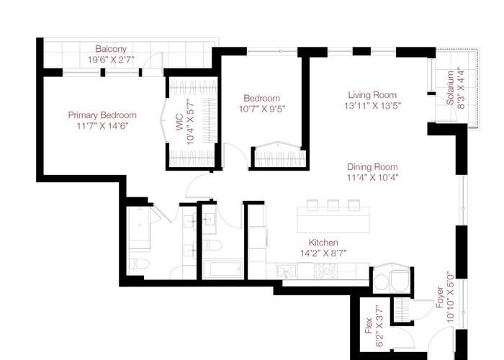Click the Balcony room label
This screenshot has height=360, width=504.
click(111, 49)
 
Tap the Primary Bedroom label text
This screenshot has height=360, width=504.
click(102, 115)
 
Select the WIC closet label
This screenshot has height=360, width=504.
click(179, 122)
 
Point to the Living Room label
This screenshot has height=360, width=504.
click(372, 95)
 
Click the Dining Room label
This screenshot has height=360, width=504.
click(372, 167)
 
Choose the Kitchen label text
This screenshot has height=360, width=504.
click(323, 243)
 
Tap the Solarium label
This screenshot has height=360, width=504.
click(450, 88)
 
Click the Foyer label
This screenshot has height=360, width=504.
click(439, 297)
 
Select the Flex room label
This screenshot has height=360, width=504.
click(369, 326)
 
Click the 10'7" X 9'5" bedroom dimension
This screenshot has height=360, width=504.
click(262, 109)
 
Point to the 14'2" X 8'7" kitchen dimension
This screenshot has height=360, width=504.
click(323, 253)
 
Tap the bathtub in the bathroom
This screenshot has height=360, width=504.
click(222, 269)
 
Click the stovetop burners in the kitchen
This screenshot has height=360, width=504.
click(326, 271)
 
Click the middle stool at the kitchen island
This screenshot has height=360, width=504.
click(333, 205)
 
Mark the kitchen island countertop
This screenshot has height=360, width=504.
click(333, 220)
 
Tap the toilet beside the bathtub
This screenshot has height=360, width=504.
click(212, 246)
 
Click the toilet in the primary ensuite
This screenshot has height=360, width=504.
click(139, 264)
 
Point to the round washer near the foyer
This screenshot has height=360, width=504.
click(381, 282)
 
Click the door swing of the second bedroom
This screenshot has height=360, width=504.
click(236, 156)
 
